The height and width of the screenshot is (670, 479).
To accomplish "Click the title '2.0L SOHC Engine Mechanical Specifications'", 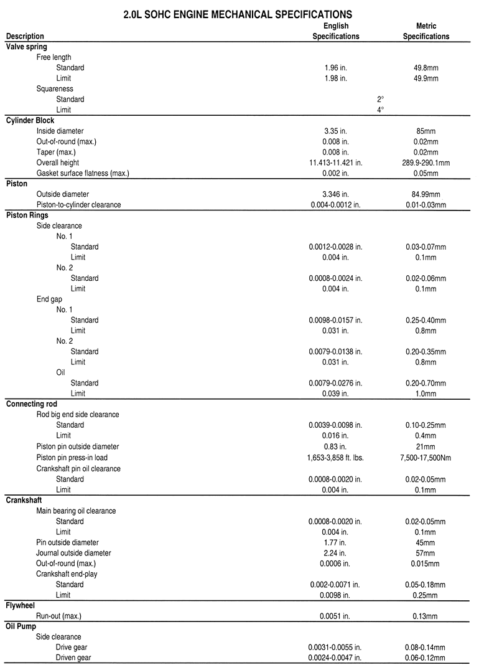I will pyautogui.click(x=238, y=13).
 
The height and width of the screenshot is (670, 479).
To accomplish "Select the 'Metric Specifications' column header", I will pyautogui.click(x=426, y=31).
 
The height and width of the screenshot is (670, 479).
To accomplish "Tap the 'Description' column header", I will pyautogui.click(x=25, y=36).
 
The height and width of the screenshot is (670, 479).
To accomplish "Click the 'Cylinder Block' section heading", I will pyautogui.click(x=30, y=120).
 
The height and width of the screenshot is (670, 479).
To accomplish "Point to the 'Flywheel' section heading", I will pyautogui.click(x=21, y=605).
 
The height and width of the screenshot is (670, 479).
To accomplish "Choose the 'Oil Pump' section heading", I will pyautogui.click(x=23, y=626).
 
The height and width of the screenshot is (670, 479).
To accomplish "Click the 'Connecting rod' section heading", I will pyautogui.click(x=31, y=404).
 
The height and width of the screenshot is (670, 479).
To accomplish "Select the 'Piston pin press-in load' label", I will pyautogui.click(x=77, y=458).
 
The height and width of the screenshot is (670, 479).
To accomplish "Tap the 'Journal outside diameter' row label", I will pyautogui.click(x=73, y=552).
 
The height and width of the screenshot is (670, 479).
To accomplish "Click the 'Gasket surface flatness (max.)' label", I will pyautogui.click(x=83, y=172).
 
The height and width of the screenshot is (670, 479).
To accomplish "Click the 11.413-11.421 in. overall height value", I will pyautogui.click(x=336, y=162).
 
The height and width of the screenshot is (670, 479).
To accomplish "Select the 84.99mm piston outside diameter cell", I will pyautogui.click(x=426, y=194).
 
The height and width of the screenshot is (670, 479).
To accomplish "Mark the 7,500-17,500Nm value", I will pyautogui.click(x=426, y=458).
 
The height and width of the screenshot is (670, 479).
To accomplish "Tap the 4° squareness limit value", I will pyautogui.click(x=380, y=110).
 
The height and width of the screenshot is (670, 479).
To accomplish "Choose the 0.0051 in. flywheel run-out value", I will pyautogui.click(x=336, y=616).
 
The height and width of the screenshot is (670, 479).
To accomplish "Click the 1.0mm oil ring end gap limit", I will pyautogui.click(x=426, y=394).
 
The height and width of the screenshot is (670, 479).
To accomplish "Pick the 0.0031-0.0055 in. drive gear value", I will pyautogui.click(x=336, y=648).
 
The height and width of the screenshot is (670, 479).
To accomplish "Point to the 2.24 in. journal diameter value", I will pyautogui.click(x=336, y=552).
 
